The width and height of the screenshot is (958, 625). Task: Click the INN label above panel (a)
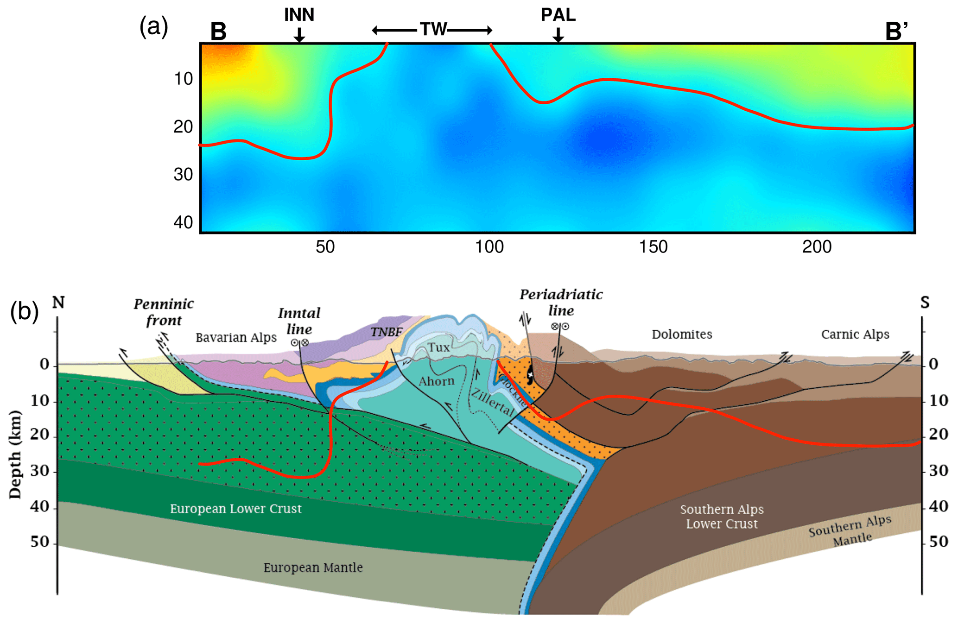(299, 15)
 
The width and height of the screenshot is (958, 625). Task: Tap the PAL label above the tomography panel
(558, 15)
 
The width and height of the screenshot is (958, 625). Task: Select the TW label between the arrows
(433, 30)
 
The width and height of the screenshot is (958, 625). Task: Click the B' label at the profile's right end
(896, 32)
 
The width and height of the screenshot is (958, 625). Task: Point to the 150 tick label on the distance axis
(653, 247)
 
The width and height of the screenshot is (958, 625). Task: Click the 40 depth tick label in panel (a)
(183, 222)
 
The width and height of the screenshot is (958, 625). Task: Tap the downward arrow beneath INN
(299, 35)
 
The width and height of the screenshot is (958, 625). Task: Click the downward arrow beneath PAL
(558, 35)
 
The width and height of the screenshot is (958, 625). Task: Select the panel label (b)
(24, 311)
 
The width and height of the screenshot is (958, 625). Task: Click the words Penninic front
(164, 312)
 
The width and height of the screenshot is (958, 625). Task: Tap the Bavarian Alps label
(236, 337)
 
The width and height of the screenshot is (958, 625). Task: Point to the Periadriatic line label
(561, 302)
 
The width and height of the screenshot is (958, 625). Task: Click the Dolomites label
(682, 334)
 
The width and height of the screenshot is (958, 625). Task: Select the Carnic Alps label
(855, 334)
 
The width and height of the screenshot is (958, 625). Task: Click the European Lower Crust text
(235, 509)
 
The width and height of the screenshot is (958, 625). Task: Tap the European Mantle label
(313, 568)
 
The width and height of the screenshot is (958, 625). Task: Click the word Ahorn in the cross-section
(436, 381)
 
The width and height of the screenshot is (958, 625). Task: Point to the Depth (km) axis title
(16, 454)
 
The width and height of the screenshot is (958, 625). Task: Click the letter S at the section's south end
(925, 303)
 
